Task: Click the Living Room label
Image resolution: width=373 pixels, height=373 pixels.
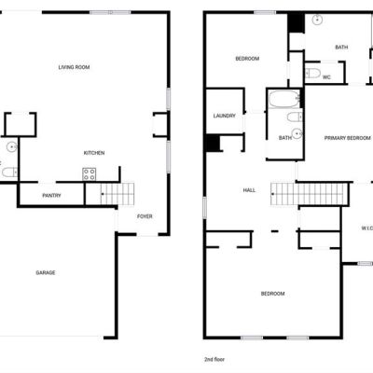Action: tap(74, 67)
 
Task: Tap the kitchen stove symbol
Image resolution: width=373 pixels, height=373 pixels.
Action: tap(90, 174)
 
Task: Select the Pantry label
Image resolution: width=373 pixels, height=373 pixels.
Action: tap(51, 196)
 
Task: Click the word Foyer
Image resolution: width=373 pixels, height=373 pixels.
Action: tap(145, 216)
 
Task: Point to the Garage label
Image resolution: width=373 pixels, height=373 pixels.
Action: tap(46, 272)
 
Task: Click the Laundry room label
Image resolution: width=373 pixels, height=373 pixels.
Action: tap(224, 116)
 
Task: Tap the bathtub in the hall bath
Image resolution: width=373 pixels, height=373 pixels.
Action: tap(283, 99)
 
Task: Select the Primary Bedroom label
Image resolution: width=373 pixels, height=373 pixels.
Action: tap(348, 138)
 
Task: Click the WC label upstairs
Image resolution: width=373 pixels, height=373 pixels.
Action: tap(326, 77)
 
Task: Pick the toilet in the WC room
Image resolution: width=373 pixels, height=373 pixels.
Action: tap(313, 74)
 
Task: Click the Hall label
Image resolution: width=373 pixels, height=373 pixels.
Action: tap(249, 190)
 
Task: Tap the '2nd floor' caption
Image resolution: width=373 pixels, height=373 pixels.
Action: tap(214, 359)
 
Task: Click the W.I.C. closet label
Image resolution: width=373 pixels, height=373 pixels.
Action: tap(366, 228)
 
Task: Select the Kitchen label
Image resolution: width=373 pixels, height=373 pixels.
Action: tap(94, 153)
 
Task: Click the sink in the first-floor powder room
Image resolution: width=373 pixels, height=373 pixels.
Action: tap(12, 146)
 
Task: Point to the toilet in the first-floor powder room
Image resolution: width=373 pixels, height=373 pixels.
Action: tap(9, 172)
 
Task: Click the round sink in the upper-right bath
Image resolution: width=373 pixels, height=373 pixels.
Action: tap(317, 20)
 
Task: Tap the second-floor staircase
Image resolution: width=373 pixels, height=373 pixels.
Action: tap(310, 194)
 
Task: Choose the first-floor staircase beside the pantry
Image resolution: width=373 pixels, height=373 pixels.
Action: tap(117, 194)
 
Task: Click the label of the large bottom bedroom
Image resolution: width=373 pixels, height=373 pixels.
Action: tap(272, 294)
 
